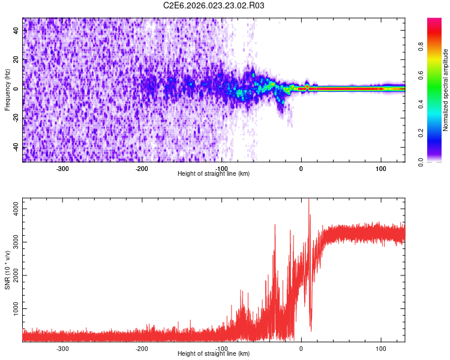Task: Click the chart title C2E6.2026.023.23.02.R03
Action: pyautogui.click(x=214, y=5)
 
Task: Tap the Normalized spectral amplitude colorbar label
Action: pyautogui.click(x=446, y=90)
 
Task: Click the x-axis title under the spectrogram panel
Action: pyautogui.click(x=214, y=173)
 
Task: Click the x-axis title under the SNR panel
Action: pyautogui.click(x=214, y=354)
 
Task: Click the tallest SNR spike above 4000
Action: pyautogui.click(x=308, y=200)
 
